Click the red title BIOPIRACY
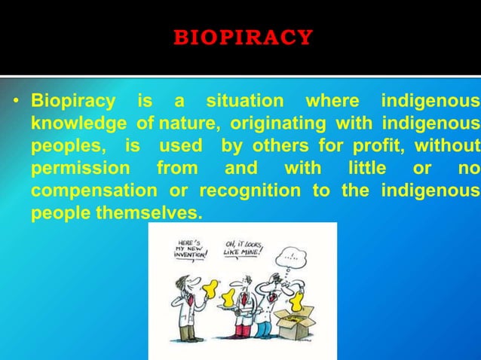point(243,37)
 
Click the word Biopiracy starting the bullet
point(73,101)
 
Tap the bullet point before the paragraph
point(16,102)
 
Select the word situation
point(246,101)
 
